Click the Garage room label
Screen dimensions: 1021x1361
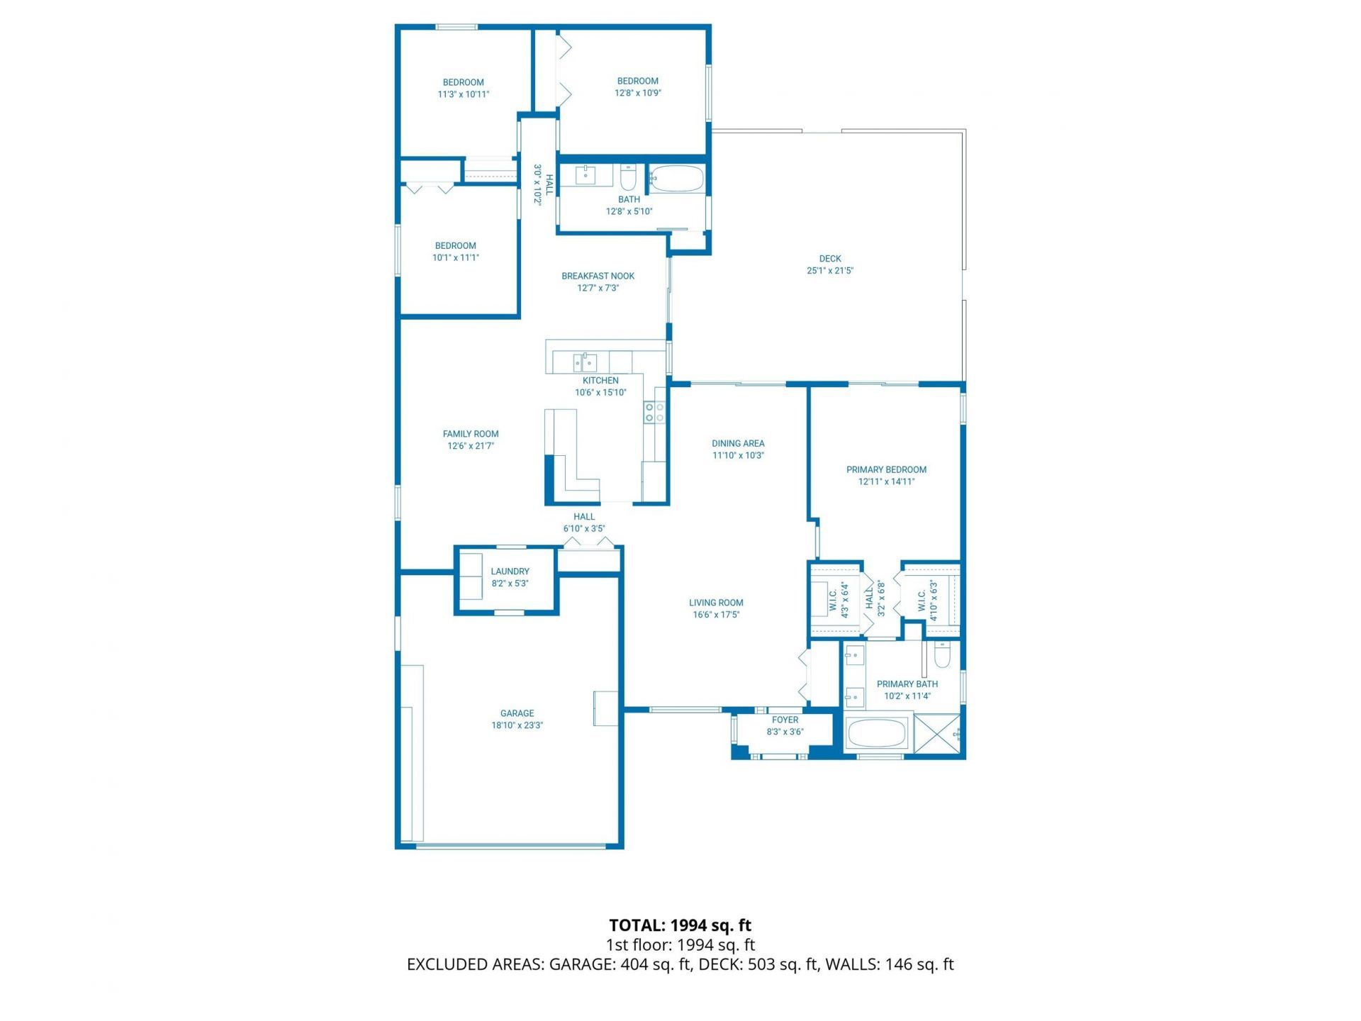pyautogui.click(x=517, y=713)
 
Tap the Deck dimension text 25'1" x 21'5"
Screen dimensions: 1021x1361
pyautogui.click(x=829, y=271)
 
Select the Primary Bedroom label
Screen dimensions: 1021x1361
pyautogui.click(x=886, y=469)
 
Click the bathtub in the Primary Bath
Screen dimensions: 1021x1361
pyautogui.click(x=877, y=734)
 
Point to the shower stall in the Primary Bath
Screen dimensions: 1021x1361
pyautogui.click(x=937, y=734)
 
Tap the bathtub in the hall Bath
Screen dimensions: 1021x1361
pyautogui.click(x=677, y=178)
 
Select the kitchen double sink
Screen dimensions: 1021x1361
pyautogui.click(x=585, y=362)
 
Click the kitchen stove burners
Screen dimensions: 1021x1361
pyautogui.click(x=654, y=413)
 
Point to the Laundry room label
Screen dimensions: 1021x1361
pyautogui.click(x=510, y=571)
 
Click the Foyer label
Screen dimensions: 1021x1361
pyautogui.click(x=785, y=720)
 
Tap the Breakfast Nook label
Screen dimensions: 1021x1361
pyautogui.click(x=598, y=276)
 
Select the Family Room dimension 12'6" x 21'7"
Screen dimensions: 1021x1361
pyautogui.click(x=471, y=446)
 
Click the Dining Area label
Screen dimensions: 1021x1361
pyautogui.click(x=738, y=443)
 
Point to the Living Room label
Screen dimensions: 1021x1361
pyautogui.click(x=716, y=603)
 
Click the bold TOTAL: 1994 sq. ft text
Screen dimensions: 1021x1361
pyautogui.click(x=680, y=925)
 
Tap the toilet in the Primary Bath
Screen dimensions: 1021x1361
pyautogui.click(x=941, y=655)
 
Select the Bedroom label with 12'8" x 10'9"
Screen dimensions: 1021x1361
pyautogui.click(x=637, y=81)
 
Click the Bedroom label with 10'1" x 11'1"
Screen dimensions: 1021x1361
pyautogui.click(x=455, y=245)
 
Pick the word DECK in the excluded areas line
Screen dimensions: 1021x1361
pyautogui.click(x=721, y=964)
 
